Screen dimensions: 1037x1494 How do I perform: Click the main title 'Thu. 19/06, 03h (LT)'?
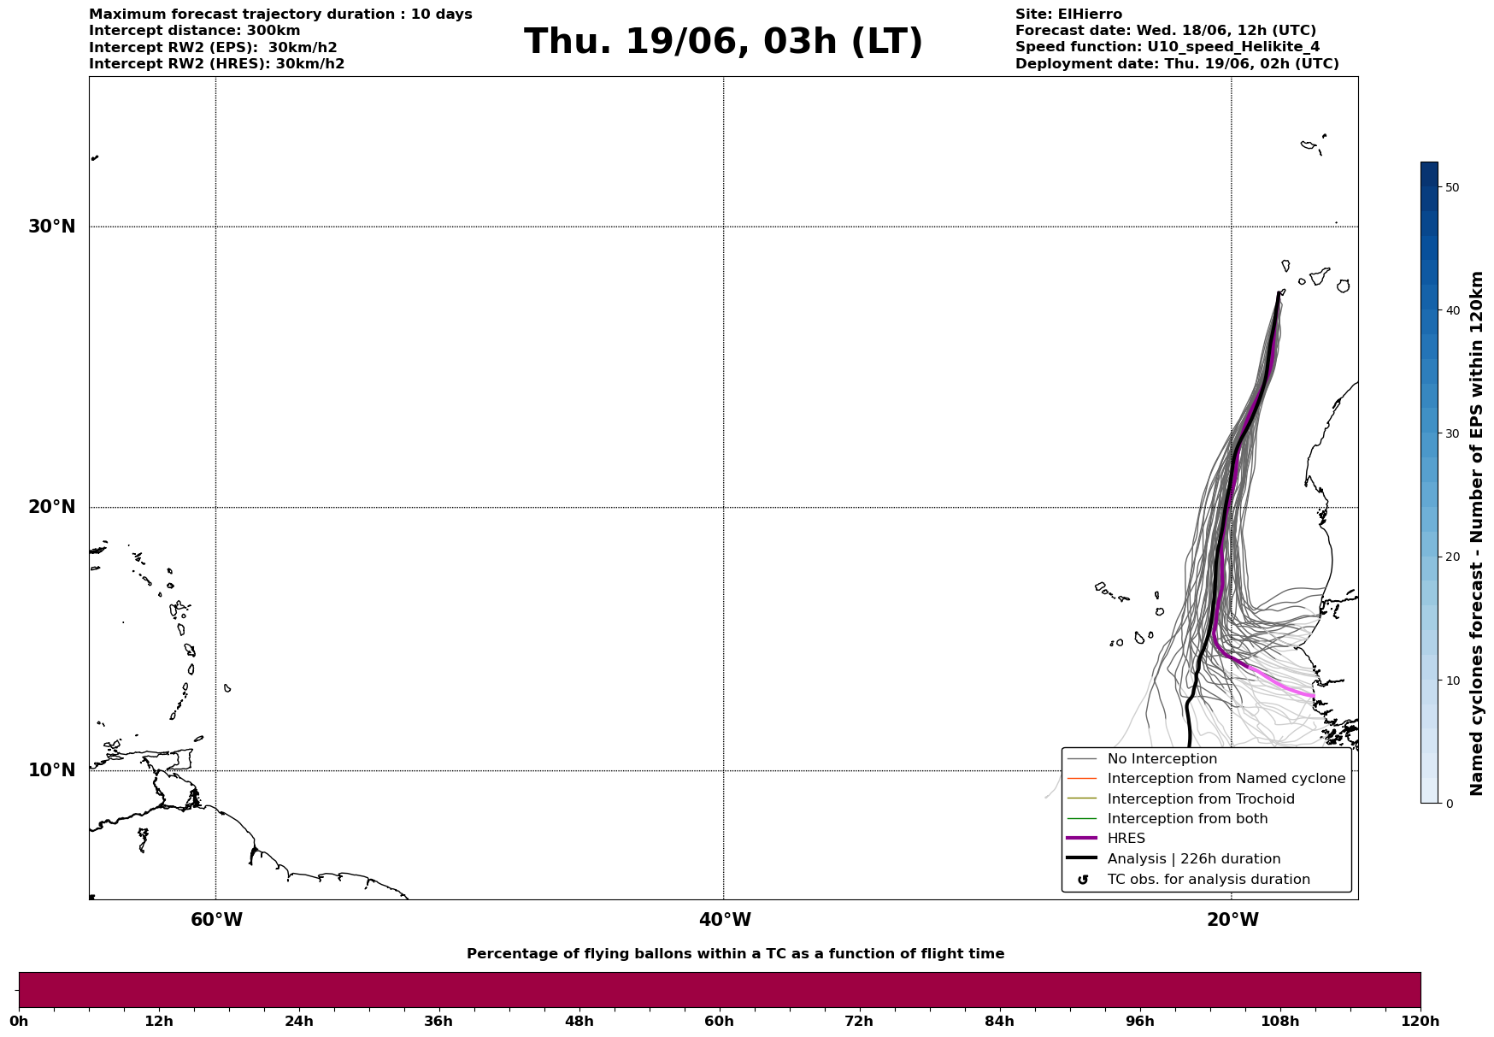click(x=723, y=42)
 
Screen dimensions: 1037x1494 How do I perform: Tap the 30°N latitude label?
click(x=51, y=227)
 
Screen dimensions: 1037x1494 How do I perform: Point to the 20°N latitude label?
click(x=51, y=507)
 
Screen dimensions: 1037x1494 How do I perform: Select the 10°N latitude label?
click(x=51, y=770)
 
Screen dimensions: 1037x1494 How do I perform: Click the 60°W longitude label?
click(x=216, y=920)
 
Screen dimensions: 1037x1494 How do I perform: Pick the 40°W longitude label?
click(x=725, y=920)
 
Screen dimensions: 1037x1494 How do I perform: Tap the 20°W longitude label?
click(x=1232, y=920)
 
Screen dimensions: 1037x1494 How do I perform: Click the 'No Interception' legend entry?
click(x=1162, y=759)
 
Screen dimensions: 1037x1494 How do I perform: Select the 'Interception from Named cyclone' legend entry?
click(x=1226, y=779)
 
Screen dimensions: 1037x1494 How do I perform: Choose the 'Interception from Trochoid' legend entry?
click(x=1200, y=799)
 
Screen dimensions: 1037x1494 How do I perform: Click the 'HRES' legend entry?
click(x=1126, y=839)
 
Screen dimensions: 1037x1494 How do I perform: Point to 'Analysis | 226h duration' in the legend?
click(x=1193, y=859)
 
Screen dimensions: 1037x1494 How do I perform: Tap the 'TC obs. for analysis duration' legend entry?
click(x=1208, y=880)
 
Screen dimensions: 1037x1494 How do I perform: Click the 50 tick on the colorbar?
click(x=1451, y=187)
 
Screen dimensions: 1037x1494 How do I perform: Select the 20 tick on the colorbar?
click(x=1451, y=557)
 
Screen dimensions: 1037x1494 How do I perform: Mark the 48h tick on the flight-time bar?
click(x=579, y=1021)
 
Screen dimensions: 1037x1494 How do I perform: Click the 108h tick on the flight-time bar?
click(x=1279, y=1021)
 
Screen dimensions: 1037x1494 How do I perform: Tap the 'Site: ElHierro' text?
click(x=1068, y=15)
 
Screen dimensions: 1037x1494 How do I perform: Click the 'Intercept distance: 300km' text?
click(x=194, y=31)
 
